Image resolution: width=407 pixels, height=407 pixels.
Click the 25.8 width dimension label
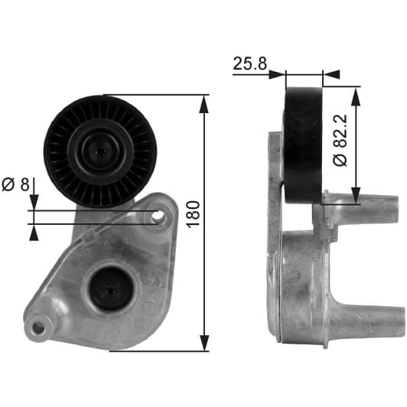click(x=249, y=63)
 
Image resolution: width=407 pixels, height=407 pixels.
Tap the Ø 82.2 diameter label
click(x=340, y=140)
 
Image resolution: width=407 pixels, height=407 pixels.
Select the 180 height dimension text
click(x=194, y=215)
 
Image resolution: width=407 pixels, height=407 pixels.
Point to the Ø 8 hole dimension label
click(x=16, y=184)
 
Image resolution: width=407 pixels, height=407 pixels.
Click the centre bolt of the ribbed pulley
click(x=101, y=151)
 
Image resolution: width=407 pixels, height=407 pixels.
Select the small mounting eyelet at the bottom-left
click(x=38, y=328)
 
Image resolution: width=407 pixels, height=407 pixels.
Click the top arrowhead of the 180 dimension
click(x=204, y=104)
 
